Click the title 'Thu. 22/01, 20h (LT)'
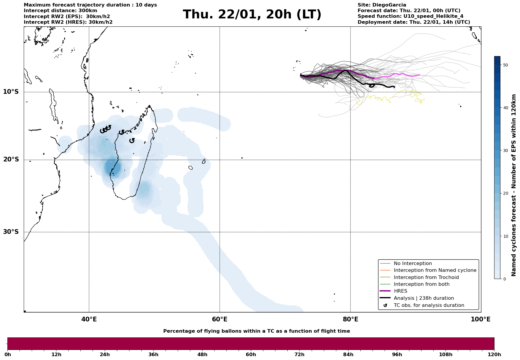(252, 15)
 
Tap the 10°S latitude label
(11, 92)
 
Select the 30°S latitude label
(11, 232)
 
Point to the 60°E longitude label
(220, 320)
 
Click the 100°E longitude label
(481, 320)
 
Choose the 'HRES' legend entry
(400, 291)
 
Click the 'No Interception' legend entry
(413, 264)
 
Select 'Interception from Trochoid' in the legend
(426, 277)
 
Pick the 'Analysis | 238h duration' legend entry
(424, 298)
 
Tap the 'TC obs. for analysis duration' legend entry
(429, 305)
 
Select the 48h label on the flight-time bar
(202, 355)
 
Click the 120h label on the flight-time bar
(494, 355)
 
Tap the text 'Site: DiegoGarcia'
(382, 5)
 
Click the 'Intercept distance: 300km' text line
(60, 11)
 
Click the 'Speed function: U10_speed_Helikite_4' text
(410, 16)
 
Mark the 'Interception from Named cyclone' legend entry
(435, 270)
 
